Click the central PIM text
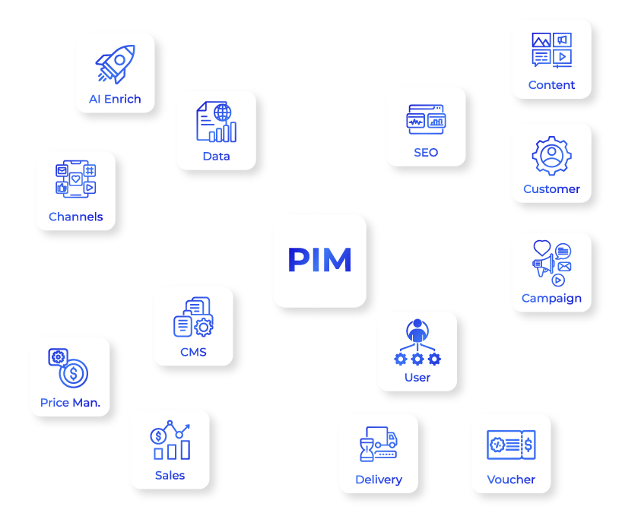pyautogui.click(x=319, y=261)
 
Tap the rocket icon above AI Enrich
pyautogui.click(x=115, y=64)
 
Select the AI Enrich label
pyautogui.click(x=115, y=99)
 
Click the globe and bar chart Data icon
pyautogui.click(x=216, y=123)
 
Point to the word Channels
pyautogui.click(x=75, y=217)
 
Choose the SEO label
pyautogui.click(x=426, y=152)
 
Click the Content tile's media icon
pyautogui.click(x=551, y=50)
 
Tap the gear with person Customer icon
pyautogui.click(x=551, y=156)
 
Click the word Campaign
pyautogui.click(x=551, y=298)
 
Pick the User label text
pyautogui.click(x=417, y=377)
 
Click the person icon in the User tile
pyautogui.click(x=417, y=331)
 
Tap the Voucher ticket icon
pyautogui.click(x=511, y=445)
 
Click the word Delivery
pyautogui.click(x=379, y=480)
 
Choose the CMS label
pyautogui.click(x=193, y=352)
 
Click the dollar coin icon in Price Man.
pyautogui.click(x=75, y=373)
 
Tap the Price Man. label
pyautogui.click(x=70, y=402)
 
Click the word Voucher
pyautogui.click(x=511, y=480)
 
